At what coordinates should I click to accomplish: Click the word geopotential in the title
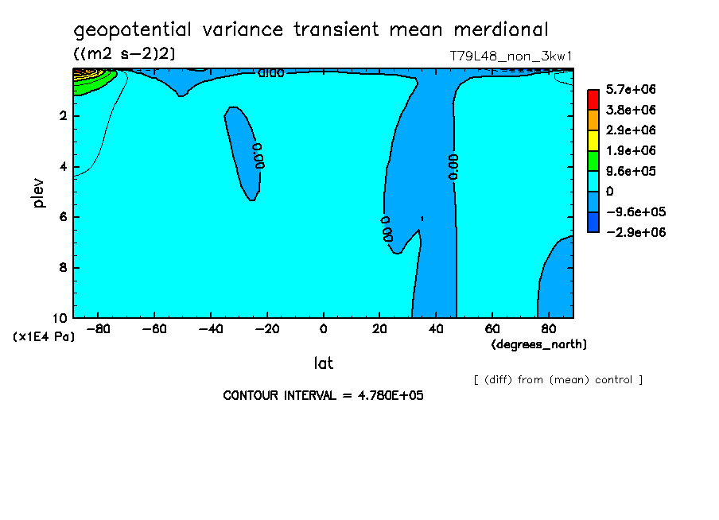[133, 30]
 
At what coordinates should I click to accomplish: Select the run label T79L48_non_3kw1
[511, 56]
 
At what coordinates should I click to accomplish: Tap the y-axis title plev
[39, 193]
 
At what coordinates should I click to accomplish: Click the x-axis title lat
[323, 363]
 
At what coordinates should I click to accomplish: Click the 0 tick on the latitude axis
[323, 329]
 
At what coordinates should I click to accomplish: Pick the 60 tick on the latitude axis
[492, 329]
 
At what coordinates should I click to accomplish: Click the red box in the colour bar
[593, 99]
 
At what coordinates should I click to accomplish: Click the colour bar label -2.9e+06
[635, 232]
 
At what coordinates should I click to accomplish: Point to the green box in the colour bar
[593, 161]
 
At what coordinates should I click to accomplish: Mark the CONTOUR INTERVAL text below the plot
[323, 395]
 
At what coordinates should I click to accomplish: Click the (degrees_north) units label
[539, 344]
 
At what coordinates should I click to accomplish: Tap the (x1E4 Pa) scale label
[44, 336]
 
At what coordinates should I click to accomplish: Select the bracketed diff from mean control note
[558, 380]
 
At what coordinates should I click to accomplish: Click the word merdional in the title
[501, 30]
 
